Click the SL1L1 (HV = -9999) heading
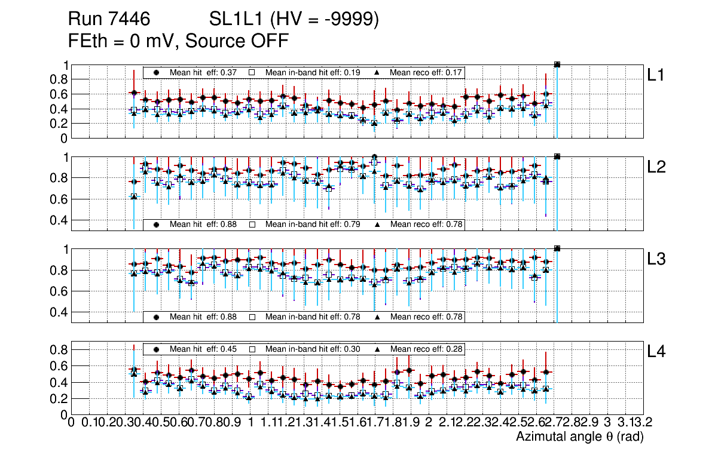click(294, 20)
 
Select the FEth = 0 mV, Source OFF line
click(179, 41)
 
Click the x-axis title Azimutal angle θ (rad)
click(579, 437)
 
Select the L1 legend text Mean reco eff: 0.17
click(426, 72)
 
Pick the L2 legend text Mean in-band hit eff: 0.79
click(312, 225)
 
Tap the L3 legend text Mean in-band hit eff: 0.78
click(312, 316)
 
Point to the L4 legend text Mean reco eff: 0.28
click(426, 349)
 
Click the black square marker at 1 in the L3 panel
click(557, 248)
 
